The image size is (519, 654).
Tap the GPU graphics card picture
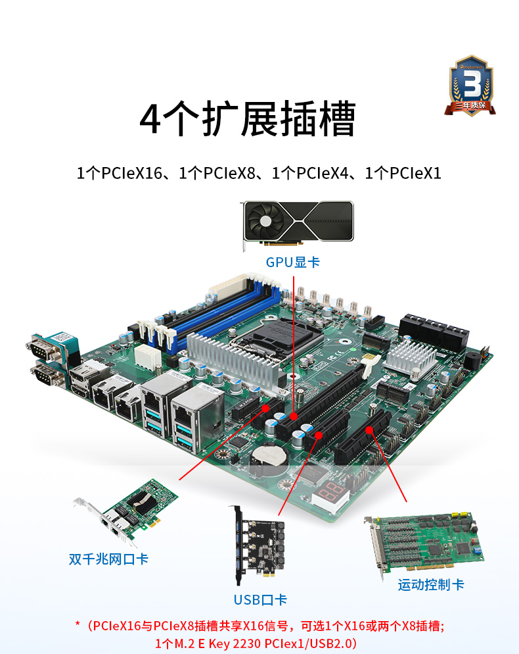tap(298, 224)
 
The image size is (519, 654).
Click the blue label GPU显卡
tap(292, 263)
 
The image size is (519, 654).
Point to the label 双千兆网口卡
tap(109, 559)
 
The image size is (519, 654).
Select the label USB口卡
tap(260, 599)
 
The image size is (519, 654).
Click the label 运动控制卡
tap(431, 584)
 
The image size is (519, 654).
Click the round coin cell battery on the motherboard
tap(270, 454)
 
